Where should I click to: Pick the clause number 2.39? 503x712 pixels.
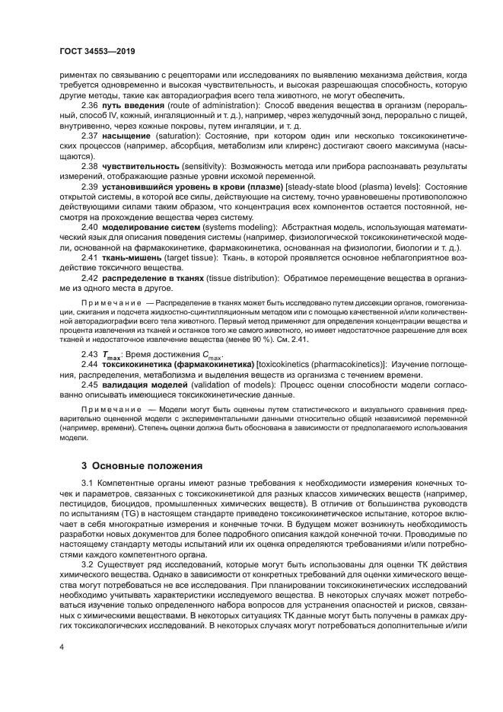[91, 185]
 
